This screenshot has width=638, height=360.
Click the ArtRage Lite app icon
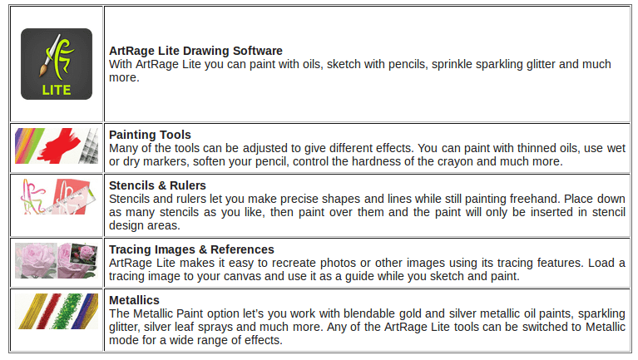pos(57,63)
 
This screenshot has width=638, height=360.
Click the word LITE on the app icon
pos(57,89)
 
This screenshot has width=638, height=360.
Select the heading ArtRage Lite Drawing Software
pos(195,51)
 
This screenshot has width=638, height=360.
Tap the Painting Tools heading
pos(150,135)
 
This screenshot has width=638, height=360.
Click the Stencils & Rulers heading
pos(157,185)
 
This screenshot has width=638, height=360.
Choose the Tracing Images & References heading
pos(191,249)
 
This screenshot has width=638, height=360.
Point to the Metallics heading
pos(134,300)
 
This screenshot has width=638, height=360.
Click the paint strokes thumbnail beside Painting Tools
pos(57,147)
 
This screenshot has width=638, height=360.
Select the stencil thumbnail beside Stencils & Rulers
pos(57,198)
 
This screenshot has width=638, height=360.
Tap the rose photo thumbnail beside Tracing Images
pos(57,261)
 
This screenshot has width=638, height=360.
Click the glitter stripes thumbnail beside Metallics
pos(57,312)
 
